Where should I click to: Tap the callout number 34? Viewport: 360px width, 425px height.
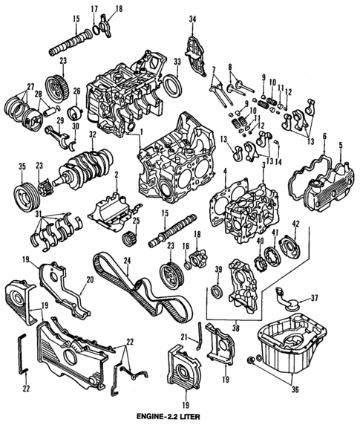(x=192, y=19)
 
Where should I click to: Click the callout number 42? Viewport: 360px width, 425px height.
(x=295, y=224)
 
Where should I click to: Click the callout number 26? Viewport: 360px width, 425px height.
(x=76, y=91)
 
